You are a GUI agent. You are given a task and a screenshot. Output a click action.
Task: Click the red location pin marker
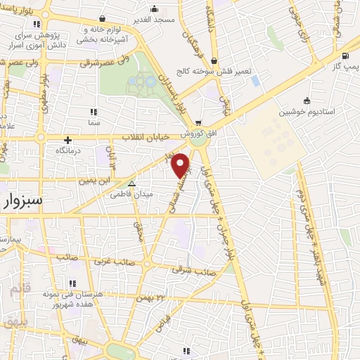[x=181, y=165]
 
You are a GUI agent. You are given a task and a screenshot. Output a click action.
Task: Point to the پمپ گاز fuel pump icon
[x=345, y=56]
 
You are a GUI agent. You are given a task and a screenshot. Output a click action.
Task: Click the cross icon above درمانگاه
[x=67, y=140]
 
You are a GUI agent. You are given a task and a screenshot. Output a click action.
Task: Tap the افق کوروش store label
[x=190, y=133]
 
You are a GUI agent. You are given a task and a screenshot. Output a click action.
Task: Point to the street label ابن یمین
[x=96, y=181]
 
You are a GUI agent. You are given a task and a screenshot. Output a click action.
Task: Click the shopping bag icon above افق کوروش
[x=199, y=122]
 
